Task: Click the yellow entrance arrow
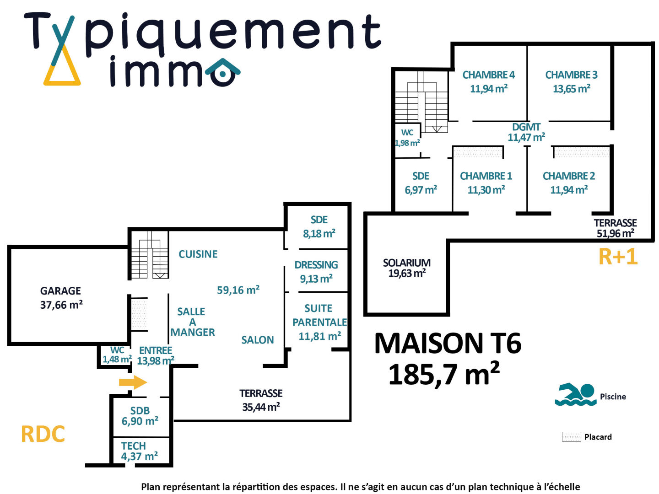tap(133, 382)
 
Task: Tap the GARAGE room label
tap(60, 291)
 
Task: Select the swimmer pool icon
tap(575, 394)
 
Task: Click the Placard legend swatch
tap(571, 437)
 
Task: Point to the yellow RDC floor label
tap(43, 434)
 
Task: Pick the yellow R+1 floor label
tap(618, 257)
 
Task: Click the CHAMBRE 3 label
tap(571, 75)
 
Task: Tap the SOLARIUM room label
tap(406, 263)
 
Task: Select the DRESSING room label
tap(316, 265)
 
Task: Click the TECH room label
tap(134, 446)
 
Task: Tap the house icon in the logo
tap(223, 72)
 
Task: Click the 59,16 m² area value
tap(238, 290)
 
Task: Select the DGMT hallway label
tap(526, 127)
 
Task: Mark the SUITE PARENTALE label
tap(319, 315)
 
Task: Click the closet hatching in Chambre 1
tap(478, 151)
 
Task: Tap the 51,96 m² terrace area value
tap(615, 233)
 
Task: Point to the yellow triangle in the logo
tap(62, 69)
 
